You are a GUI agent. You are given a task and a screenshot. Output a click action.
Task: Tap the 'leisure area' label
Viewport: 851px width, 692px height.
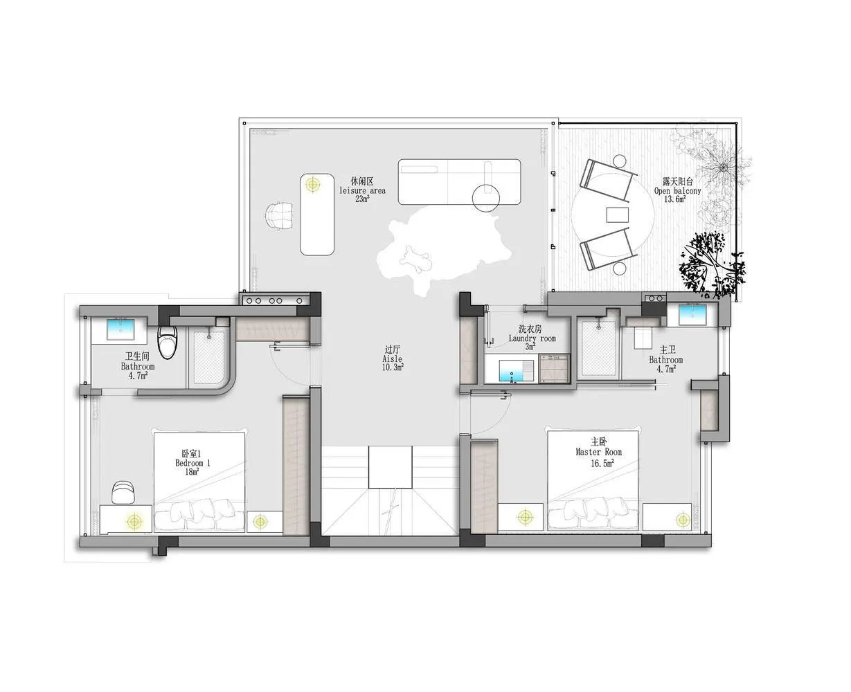tap(362, 190)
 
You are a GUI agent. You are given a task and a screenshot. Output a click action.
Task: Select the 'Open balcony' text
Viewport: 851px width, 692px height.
tap(678, 191)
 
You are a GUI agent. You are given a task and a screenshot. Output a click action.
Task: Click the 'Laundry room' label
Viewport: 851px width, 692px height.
tap(532, 338)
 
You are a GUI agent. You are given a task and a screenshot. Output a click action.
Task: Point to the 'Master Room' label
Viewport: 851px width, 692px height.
tap(598, 452)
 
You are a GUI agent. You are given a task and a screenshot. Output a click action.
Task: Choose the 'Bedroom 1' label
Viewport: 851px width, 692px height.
tap(192, 463)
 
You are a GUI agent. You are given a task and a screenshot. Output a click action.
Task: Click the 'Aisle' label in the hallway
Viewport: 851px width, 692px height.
tap(392, 359)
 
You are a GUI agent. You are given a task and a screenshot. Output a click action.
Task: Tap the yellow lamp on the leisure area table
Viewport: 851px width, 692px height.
tap(313, 185)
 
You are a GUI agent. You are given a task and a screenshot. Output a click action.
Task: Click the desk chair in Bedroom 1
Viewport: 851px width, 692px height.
tap(123, 492)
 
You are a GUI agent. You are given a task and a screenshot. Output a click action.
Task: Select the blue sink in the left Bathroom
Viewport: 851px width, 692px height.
tap(120, 329)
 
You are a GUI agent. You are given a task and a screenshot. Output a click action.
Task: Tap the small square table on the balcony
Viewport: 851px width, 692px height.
tap(617, 215)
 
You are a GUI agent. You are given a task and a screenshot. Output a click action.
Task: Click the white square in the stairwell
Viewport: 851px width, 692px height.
tap(390, 467)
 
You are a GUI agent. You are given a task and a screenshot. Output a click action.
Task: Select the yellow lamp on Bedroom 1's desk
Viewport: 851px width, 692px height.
tap(134, 521)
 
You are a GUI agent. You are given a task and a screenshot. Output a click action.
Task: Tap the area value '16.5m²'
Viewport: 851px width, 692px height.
tap(602, 463)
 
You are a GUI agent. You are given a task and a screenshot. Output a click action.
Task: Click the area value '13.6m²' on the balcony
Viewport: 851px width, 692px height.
tap(675, 199)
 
